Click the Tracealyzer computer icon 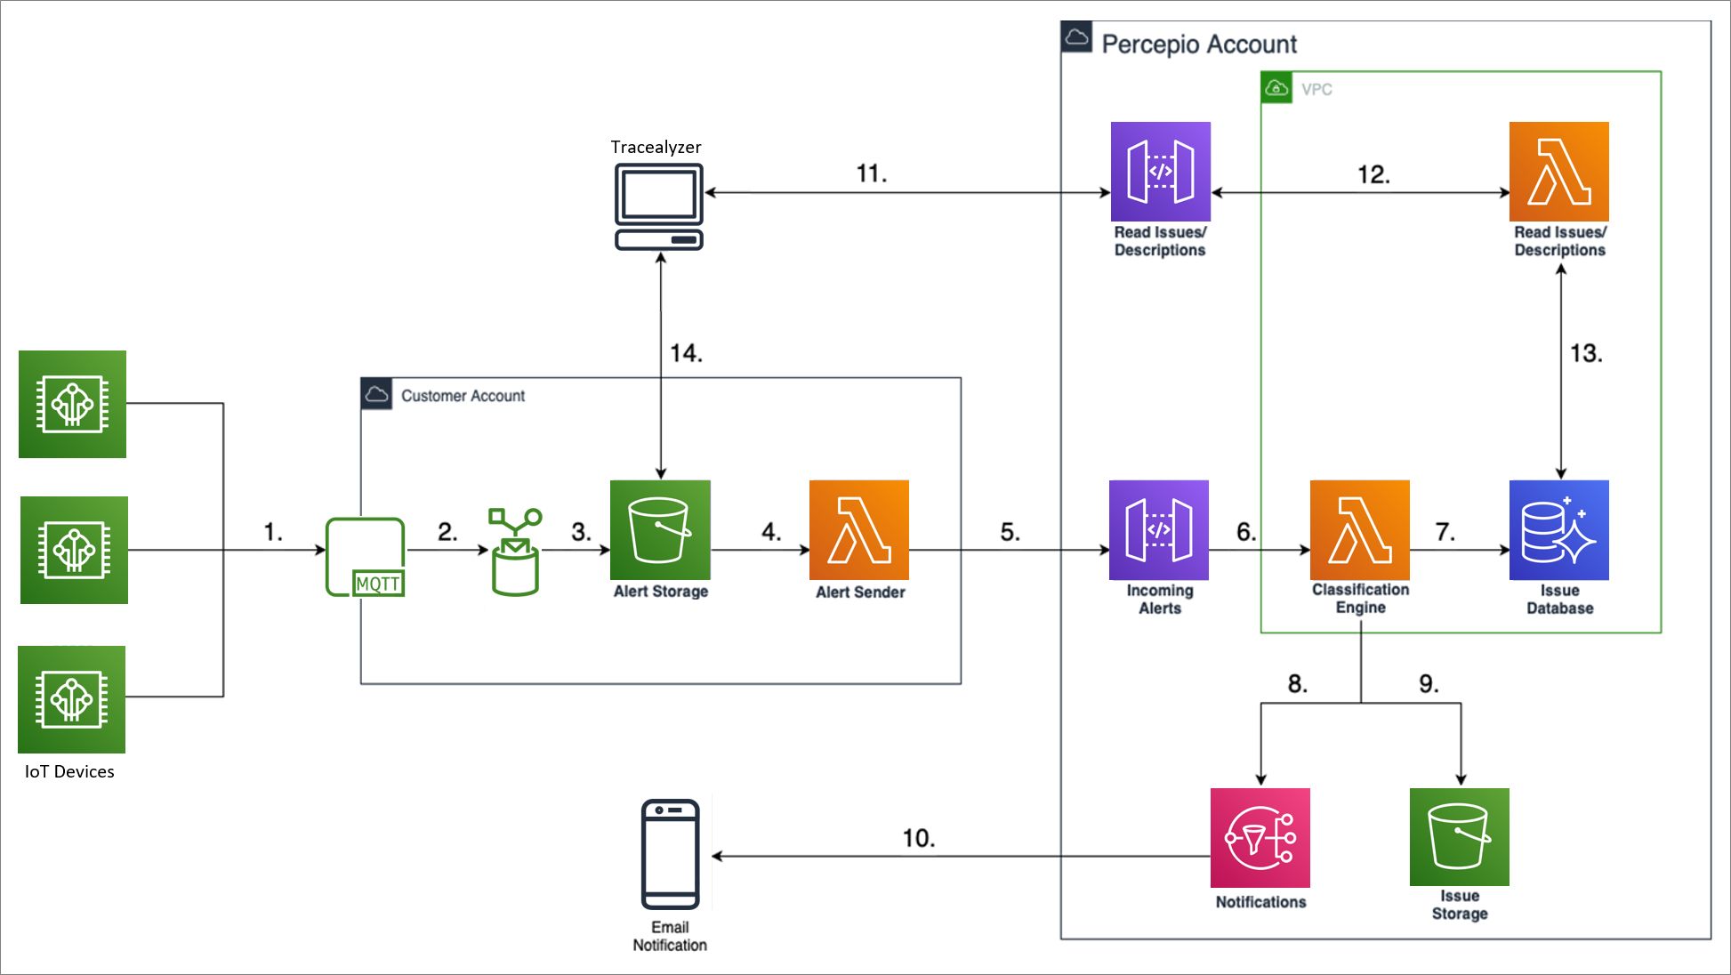click(659, 205)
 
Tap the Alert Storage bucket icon click(660, 530)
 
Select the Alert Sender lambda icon click(858, 530)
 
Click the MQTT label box click(378, 584)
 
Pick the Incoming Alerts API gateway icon click(1158, 530)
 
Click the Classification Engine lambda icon click(1359, 530)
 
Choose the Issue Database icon click(1558, 530)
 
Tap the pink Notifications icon click(1260, 837)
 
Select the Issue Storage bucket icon click(1459, 836)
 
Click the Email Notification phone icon click(670, 854)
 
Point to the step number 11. click(871, 173)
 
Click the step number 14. click(686, 353)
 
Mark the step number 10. click(918, 838)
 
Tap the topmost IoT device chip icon click(72, 404)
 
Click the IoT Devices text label click(69, 771)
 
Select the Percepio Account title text click(1198, 44)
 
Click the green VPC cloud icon click(1276, 88)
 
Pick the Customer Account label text click(463, 396)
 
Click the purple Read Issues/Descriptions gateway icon click(1160, 172)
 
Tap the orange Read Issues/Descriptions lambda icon click(1558, 172)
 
